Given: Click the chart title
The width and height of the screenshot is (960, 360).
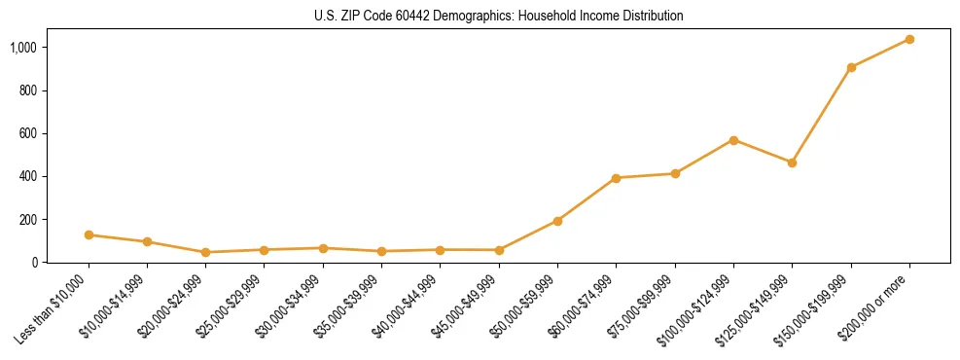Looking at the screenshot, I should (x=499, y=17).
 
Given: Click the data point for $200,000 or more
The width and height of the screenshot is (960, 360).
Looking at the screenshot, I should (x=909, y=40).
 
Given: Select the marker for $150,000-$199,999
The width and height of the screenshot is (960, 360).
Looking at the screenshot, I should (x=851, y=67).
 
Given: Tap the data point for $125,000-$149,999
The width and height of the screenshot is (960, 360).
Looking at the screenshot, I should (x=792, y=162).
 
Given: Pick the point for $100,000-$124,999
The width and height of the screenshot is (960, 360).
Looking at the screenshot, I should (x=733, y=140).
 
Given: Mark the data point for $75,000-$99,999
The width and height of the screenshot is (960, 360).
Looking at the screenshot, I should (x=675, y=173).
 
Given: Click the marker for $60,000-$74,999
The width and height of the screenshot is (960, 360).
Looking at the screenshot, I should (x=616, y=178).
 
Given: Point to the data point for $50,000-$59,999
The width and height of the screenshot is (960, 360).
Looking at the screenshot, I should (x=557, y=221).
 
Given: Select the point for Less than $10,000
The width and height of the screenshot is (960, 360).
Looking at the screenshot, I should (x=89, y=234).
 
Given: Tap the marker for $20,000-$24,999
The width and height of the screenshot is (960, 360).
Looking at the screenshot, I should (x=205, y=252).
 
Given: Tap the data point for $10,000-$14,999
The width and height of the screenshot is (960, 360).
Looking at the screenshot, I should (x=147, y=241).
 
